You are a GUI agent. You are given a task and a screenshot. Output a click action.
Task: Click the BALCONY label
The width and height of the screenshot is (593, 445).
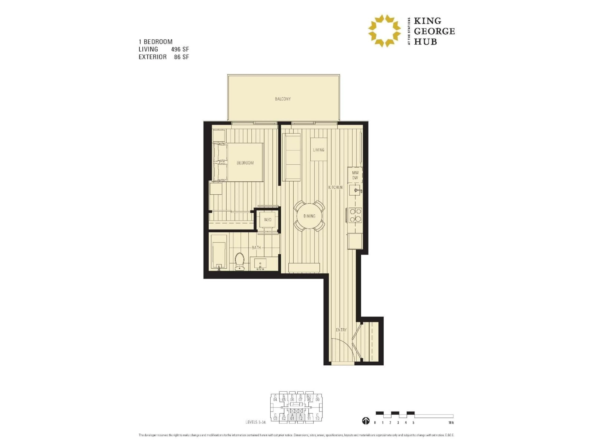tap(283, 99)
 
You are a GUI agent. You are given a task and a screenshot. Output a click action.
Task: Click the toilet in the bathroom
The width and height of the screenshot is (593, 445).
tap(239, 262)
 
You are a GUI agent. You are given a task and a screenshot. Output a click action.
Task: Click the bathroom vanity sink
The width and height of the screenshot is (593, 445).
tap(260, 264)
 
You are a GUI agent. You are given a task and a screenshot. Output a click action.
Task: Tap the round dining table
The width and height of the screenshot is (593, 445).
tap(309, 216)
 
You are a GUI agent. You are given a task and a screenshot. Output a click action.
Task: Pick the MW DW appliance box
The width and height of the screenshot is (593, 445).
tap(355, 175)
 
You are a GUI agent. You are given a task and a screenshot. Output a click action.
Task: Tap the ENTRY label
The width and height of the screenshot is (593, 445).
tap(341, 330)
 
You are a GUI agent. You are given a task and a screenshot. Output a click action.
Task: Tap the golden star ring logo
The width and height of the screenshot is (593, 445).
tap(384, 31)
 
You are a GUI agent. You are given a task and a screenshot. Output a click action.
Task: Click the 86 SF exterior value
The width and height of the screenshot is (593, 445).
tap(181, 57)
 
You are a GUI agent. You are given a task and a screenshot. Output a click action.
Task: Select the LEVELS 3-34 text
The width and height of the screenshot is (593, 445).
tap(255, 422)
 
